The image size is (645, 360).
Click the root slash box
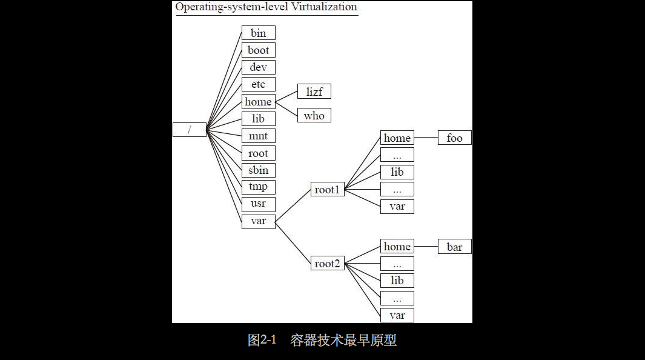tap(189, 130)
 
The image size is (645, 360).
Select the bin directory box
tap(258, 33)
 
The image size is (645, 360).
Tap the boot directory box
tap(258, 50)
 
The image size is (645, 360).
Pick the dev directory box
tap(258, 67)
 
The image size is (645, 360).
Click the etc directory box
tap(258, 84)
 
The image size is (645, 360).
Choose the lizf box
tap(314, 92)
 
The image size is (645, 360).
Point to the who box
tap(314, 115)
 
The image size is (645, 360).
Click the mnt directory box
tap(258, 136)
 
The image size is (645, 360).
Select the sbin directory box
tap(258, 170)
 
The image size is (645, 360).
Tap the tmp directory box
tap(258, 187)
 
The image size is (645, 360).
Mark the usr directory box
tap(258, 204)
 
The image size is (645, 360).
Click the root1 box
tap(327, 190)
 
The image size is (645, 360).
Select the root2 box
tap(327, 264)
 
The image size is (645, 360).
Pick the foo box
tap(454, 138)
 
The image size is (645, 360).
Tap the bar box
tap(454, 247)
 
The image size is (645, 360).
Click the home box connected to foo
tap(397, 138)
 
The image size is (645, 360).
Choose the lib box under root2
tap(397, 281)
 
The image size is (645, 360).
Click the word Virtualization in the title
tap(322, 7)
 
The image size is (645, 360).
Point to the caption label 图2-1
tap(262, 340)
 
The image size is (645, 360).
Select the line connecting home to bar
tap(426, 247)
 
